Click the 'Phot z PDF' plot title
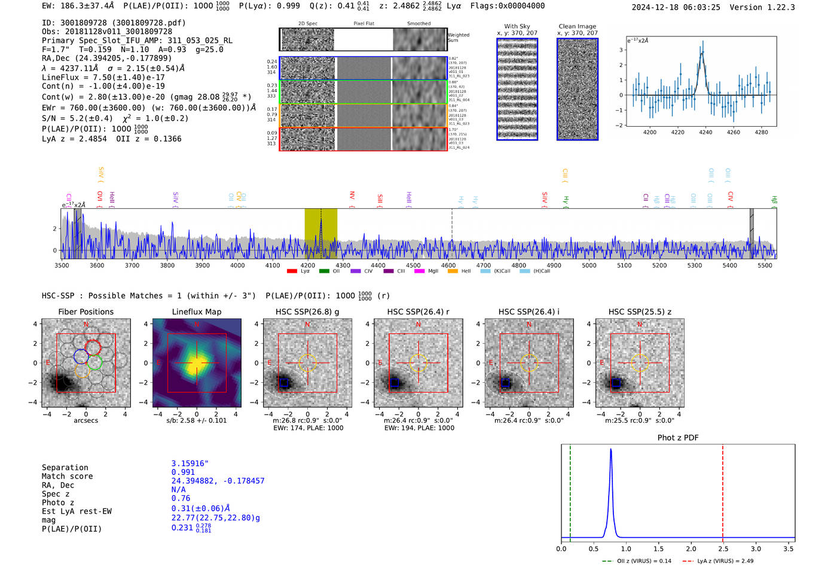point(677,438)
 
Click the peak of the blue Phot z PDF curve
point(610,450)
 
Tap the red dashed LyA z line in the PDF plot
point(722,490)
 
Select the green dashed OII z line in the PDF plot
point(570,490)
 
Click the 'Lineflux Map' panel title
point(196,312)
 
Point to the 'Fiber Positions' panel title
point(85,312)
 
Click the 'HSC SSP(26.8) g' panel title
point(307,312)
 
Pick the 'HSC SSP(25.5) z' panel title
point(640,312)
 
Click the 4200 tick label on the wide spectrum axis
point(308,266)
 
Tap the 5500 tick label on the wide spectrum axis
point(765,266)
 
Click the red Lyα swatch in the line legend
point(292,272)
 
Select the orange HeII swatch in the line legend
point(453,272)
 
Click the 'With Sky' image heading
point(517,26)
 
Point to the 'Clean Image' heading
point(577,26)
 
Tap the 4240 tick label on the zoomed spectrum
point(705,132)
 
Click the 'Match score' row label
point(67,477)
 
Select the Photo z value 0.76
point(181,498)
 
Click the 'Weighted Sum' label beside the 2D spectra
point(459,38)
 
